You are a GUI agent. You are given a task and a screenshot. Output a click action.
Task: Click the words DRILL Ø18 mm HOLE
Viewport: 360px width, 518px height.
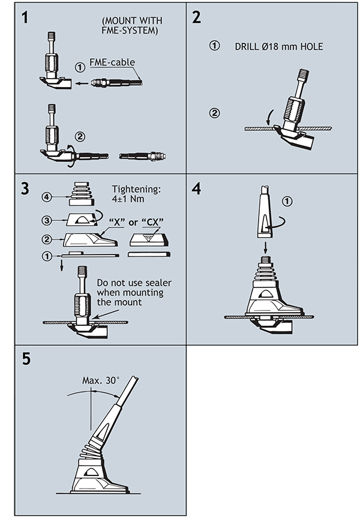(279, 46)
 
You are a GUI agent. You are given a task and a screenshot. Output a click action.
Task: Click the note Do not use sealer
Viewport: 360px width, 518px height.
(129, 294)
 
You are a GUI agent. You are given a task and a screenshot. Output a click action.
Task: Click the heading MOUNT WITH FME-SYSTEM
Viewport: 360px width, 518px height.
(130, 26)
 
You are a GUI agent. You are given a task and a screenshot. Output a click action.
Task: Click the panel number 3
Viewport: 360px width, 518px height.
(25, 188)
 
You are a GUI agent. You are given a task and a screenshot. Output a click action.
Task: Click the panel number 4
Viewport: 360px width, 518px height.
(196, 188)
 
